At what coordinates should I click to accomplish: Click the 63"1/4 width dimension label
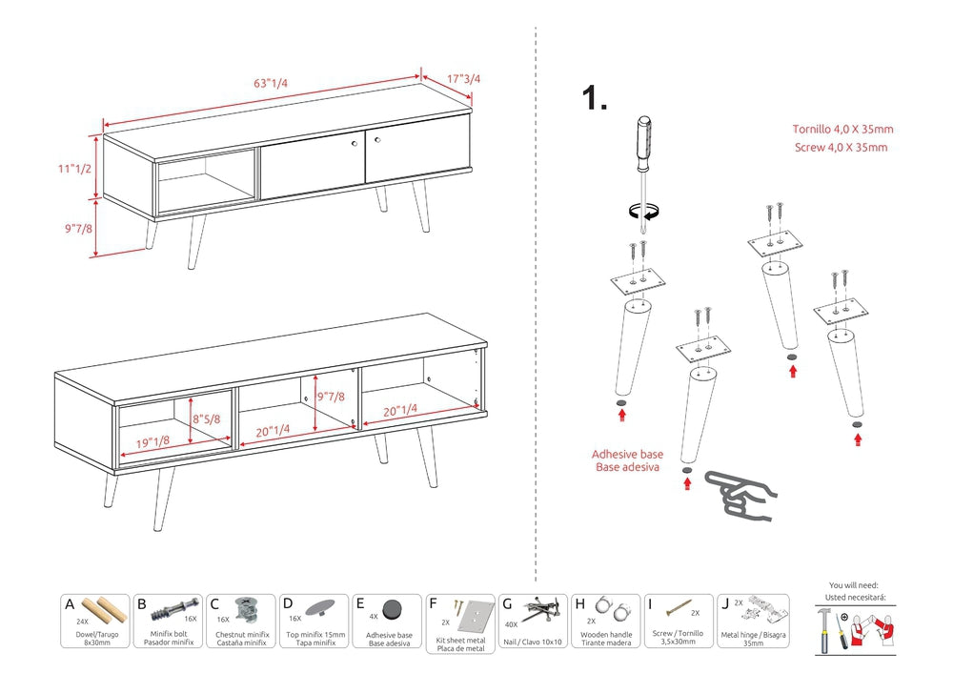[271, 83]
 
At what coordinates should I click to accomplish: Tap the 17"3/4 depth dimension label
[464, 79]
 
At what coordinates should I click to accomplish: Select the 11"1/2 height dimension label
[73, 169]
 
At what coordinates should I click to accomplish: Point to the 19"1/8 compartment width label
[152, 441]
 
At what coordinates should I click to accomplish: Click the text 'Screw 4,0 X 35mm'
[841, 147]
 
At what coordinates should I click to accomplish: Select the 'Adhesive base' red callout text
[627, 455]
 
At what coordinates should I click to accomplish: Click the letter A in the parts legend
[70, 604]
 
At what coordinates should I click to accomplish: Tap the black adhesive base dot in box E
[392, 609]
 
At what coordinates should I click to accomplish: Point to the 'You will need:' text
[854, 585]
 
